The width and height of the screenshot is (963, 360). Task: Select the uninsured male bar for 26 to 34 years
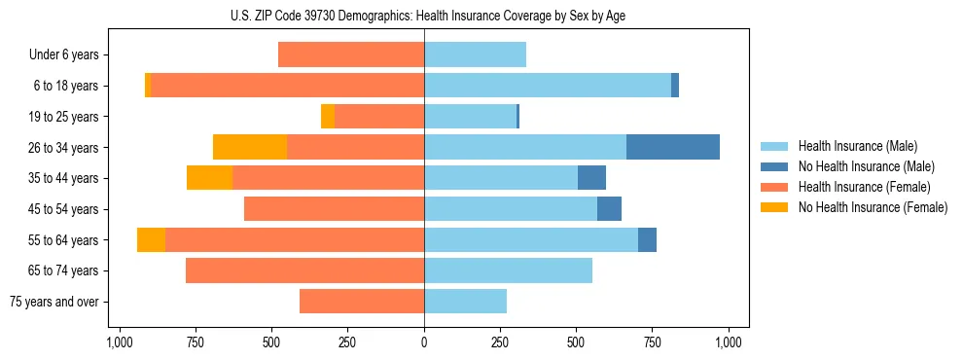[x=673, y=147]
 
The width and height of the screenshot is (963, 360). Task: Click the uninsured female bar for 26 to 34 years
[x=250, y=147]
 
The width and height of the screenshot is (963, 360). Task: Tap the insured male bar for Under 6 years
[x=475, y=54]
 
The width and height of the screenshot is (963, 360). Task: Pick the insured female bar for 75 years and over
[x=362, y=302]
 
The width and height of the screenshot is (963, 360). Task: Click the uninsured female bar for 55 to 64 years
[x=151, y=239]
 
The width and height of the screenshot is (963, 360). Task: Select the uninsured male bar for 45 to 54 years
[x=609, y=208]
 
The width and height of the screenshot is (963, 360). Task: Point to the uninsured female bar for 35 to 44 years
[x=209, y=178]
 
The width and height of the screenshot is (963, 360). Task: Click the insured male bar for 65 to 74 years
[x=508, y=270]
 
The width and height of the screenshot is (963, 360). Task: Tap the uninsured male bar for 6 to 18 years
[x=675, y=86]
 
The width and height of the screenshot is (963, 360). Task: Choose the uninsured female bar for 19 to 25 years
[x=328, y=116]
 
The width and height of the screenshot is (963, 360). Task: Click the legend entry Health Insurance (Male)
[x=857, y=146]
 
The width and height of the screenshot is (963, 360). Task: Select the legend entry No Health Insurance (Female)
[x=873, y=207]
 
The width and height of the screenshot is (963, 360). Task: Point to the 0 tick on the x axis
[x=424, y=342]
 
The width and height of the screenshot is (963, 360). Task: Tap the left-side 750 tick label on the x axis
[x=195, y=342]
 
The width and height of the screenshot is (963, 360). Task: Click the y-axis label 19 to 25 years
[x=63, y=117]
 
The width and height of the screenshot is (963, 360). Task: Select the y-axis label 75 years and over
[x=53, y=302]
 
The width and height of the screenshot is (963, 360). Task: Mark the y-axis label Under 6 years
[x=64, y=54]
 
